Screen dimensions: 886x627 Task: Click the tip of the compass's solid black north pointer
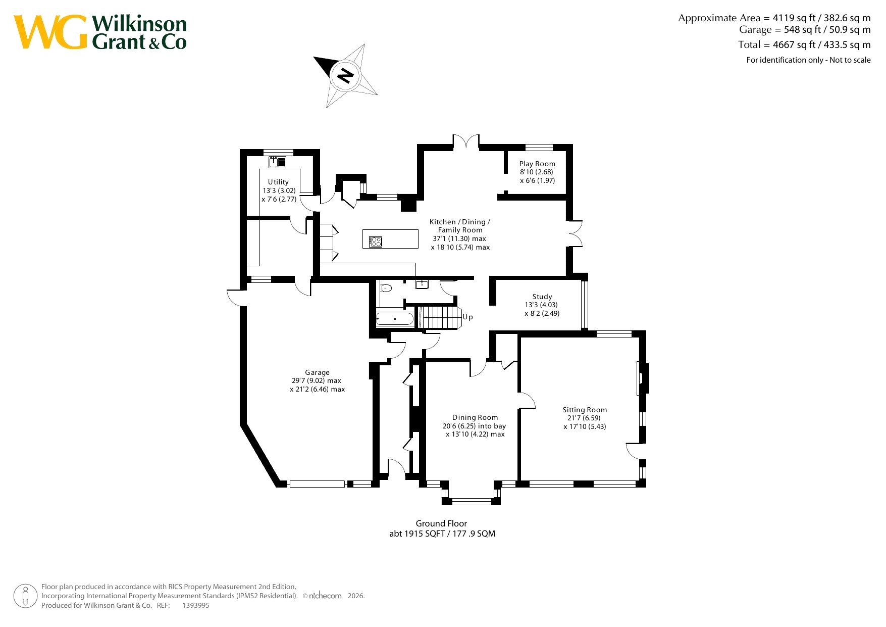(314, 57)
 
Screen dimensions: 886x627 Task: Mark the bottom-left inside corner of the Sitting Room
(521, 480)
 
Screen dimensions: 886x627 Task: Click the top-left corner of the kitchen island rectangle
(363, 230)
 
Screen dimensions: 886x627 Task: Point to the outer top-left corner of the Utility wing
(240, 150)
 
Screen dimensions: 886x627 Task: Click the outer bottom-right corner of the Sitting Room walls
(646, 487)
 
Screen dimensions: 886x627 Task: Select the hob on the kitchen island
(376, 242)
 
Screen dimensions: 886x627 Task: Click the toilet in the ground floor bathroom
(386, 288)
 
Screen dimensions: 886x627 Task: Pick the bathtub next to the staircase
(395, 319)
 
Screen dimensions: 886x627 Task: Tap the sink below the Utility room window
(277, 162)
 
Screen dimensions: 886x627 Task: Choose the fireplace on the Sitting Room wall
(643, 378)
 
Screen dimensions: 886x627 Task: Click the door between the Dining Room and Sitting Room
(527, 401)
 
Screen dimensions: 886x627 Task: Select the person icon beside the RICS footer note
(26, 596)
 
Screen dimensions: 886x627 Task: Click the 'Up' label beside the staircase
(468, 317)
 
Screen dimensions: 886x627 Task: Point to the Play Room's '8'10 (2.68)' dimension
(537, 172)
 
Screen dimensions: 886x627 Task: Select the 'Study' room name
(542, 297)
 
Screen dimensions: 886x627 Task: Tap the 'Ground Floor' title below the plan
(441, 523)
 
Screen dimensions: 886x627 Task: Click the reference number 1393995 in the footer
(196, 605)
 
